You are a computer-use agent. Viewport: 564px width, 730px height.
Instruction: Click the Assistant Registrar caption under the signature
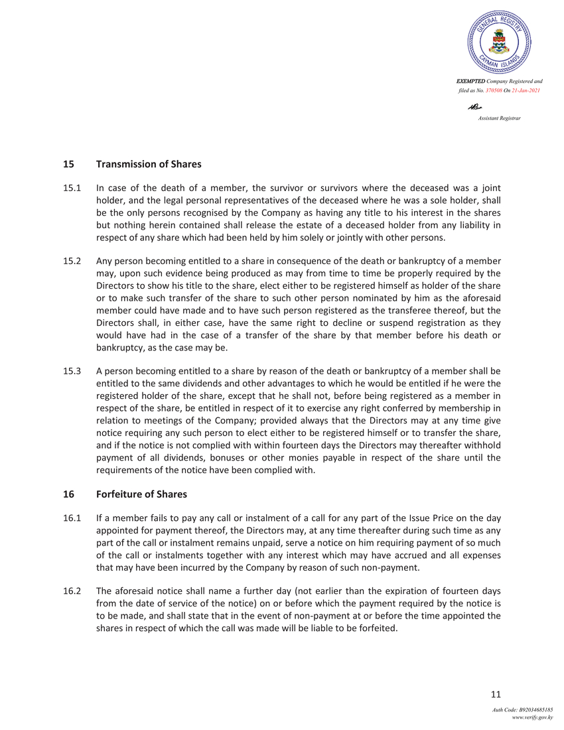[499, 117]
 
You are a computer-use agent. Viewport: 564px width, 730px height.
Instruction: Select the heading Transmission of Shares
[149, 164]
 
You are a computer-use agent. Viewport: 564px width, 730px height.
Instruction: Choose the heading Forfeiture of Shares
[141, 494]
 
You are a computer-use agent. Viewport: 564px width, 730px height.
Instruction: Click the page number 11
[495, 694]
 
